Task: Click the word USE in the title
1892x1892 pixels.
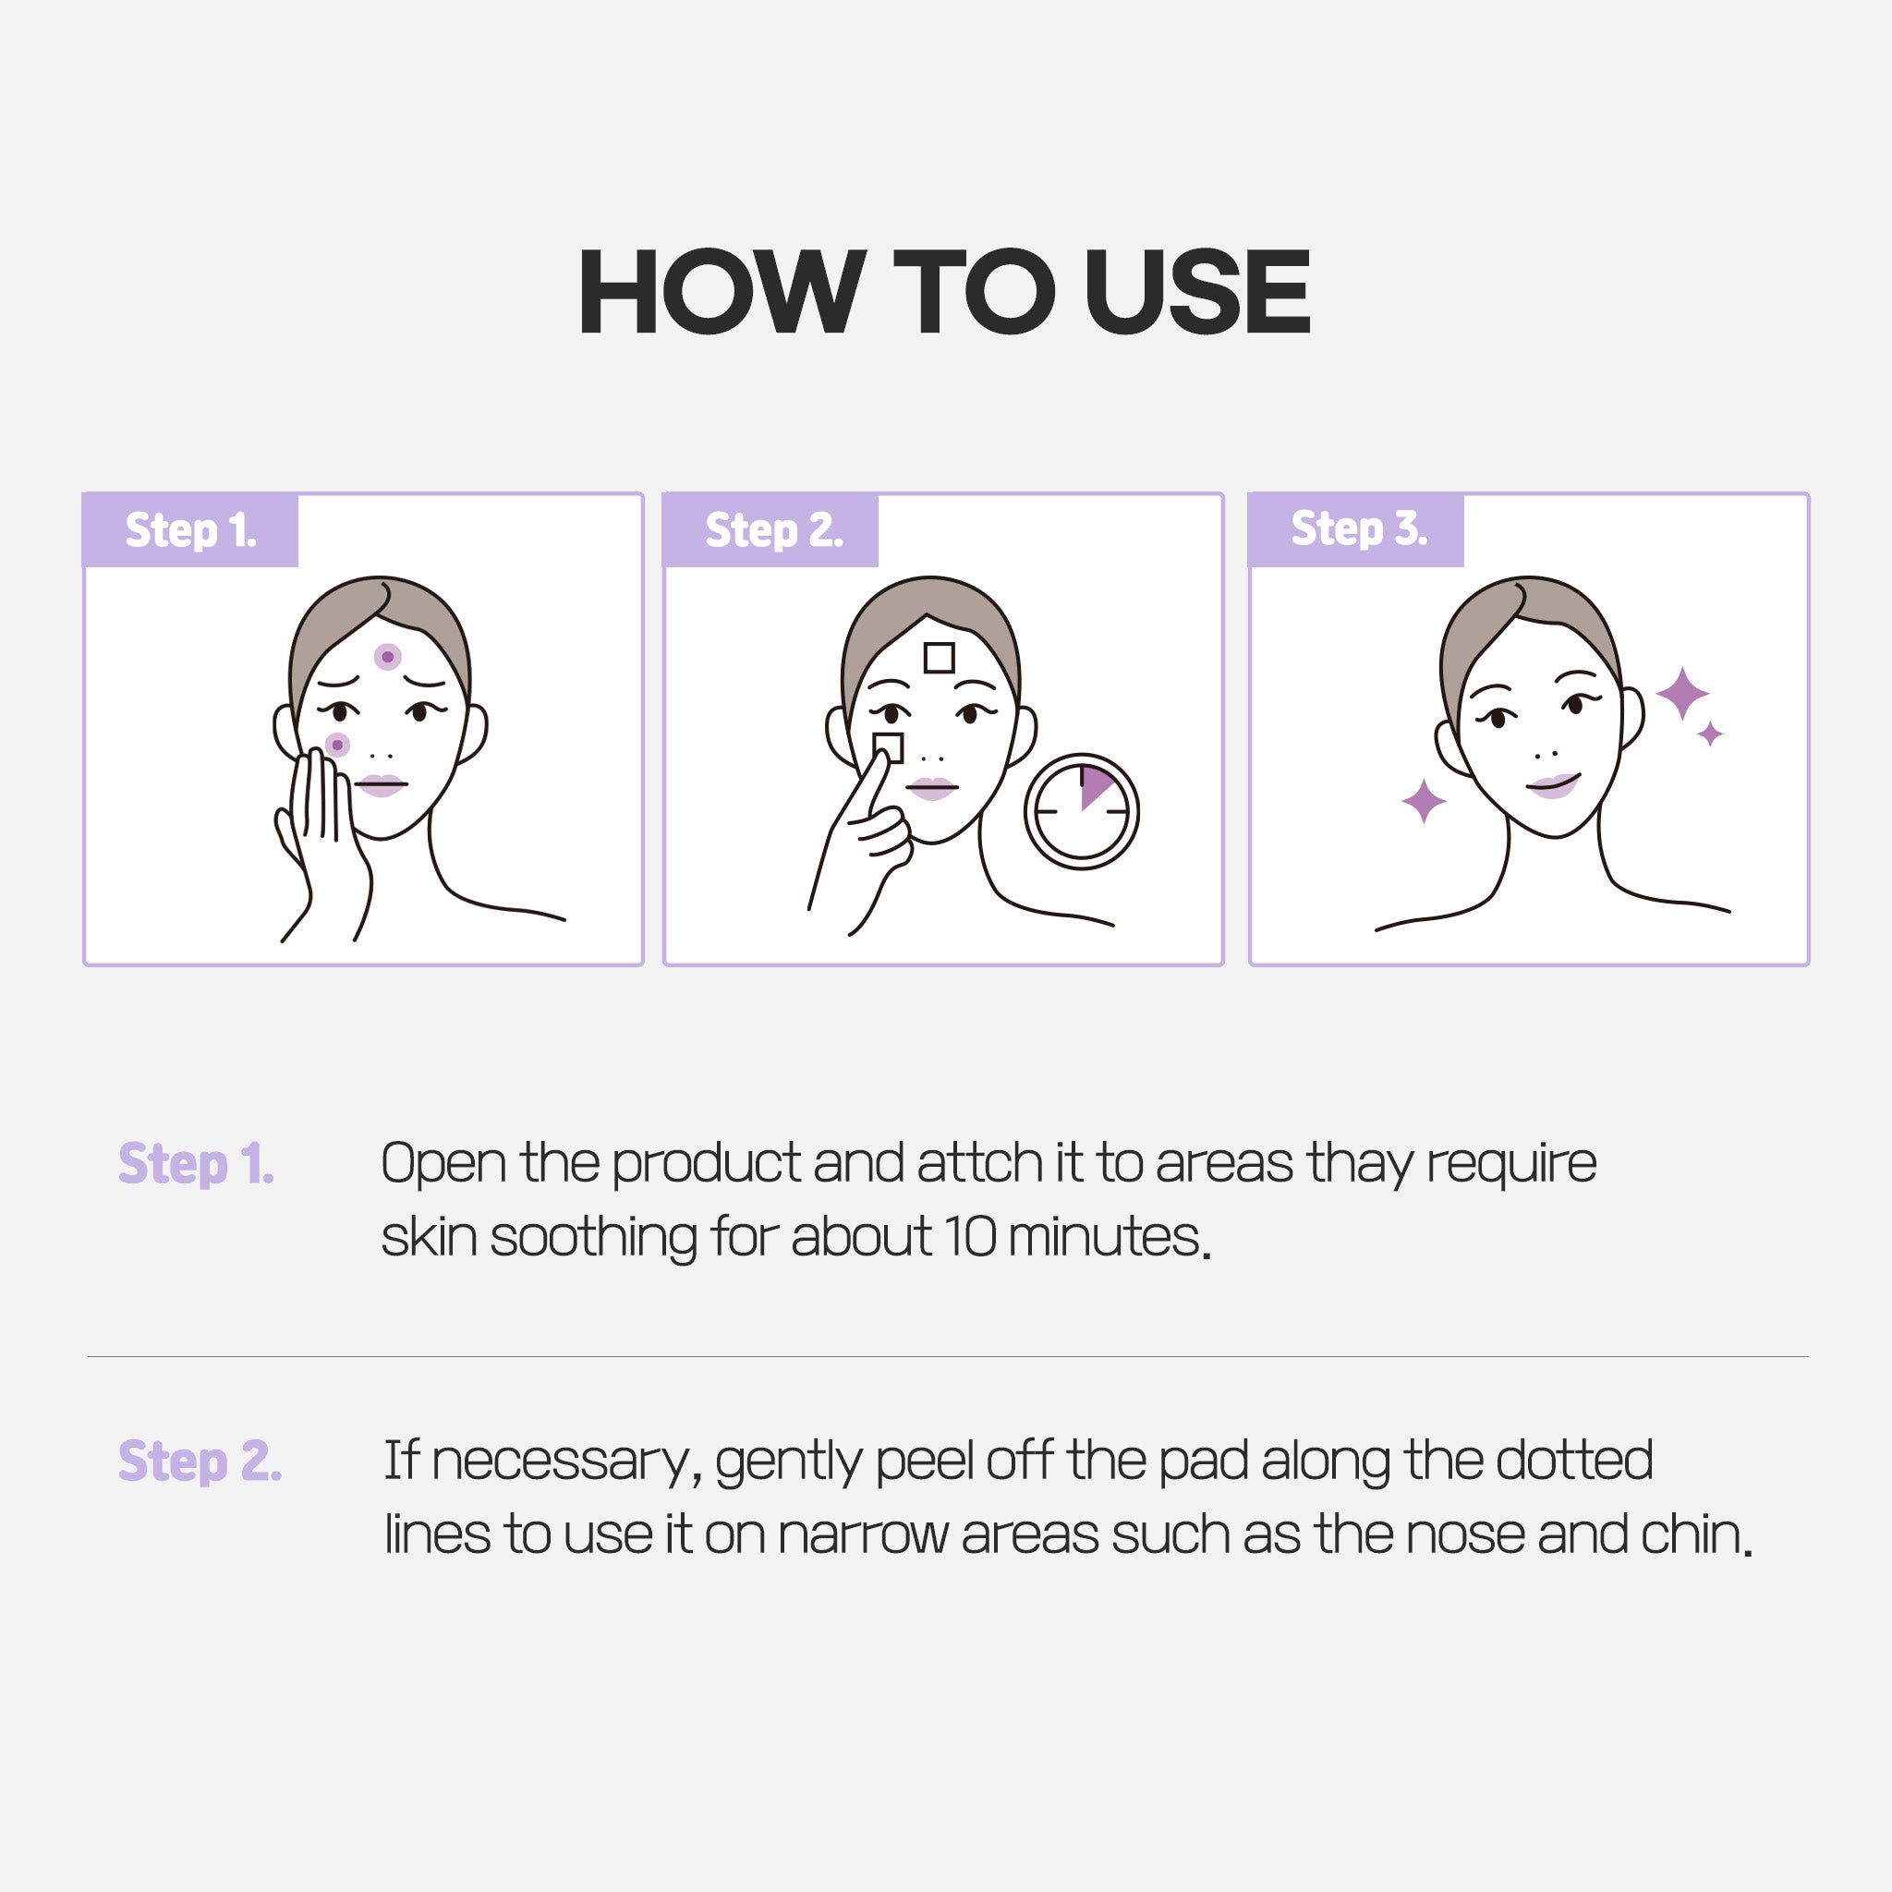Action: [x=1196, y=291]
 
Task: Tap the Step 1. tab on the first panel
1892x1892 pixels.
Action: [x=191, y=529]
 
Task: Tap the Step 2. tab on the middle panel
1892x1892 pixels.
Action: [x=771, y=529]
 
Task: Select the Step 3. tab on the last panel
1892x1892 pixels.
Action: [x=1357, y=529]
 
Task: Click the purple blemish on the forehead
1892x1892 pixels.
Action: [x=388, y=656]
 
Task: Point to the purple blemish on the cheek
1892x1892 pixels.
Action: [x=337, y=746]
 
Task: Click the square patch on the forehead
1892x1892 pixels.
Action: [x=940, y=657]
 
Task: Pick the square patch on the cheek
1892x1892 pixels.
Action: [x=888, y=747]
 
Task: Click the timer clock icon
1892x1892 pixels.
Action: [x=1081, y=811]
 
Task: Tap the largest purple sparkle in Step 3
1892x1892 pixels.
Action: [x=1682, y=694]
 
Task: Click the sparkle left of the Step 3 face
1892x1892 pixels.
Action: [x=1424, y=801]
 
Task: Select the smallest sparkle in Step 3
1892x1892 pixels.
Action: [x=1711, y=734]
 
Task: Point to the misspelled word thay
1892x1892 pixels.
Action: [x=1359, y=1165]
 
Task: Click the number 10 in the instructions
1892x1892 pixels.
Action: [x=969, y=1237]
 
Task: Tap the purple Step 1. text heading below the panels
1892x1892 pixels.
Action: [x=196, y=1164]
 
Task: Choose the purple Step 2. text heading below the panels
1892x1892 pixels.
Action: [x=200, y=1462]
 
